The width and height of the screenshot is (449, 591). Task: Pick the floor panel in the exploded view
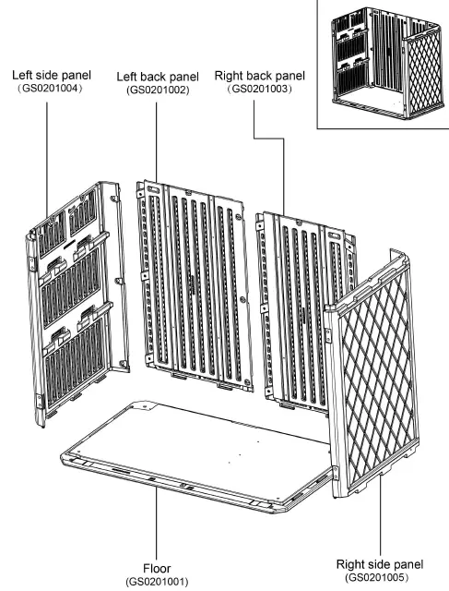coord(194,452)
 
